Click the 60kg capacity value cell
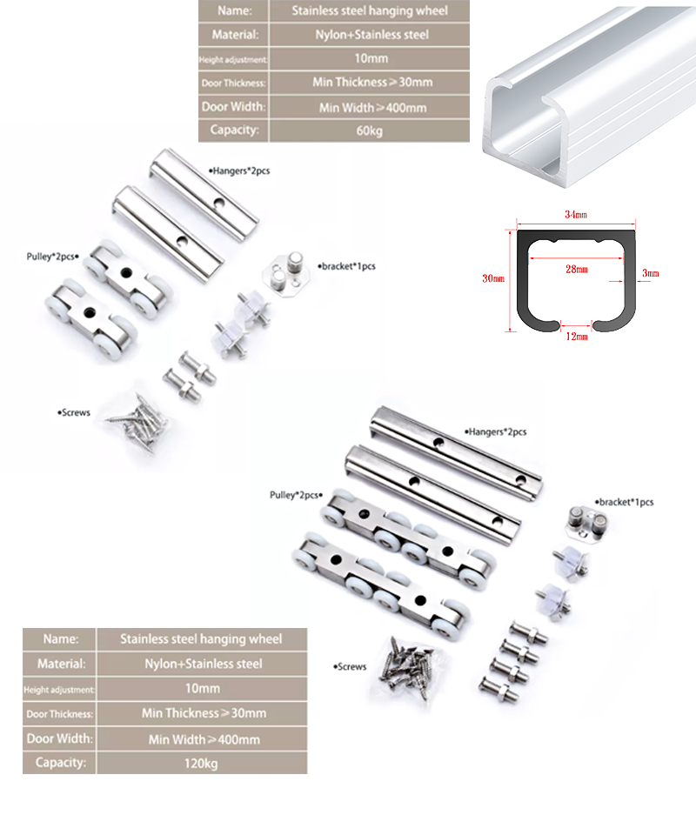point(370,130)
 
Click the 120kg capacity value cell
point(201,763)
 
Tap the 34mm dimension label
point(576,215)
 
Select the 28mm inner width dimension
point(576,269)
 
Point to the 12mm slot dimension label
point(577,336)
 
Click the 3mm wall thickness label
point(650,273)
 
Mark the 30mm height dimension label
point(493,278)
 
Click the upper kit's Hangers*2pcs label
point(239,171)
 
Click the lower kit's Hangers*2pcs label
point(495,432)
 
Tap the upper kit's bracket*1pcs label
point(346,266)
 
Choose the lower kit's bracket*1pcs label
point(624,502)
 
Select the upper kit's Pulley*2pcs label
point(53,257)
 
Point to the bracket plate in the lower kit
point(586,524)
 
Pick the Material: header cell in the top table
point(234,35)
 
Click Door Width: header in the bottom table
point(60,738)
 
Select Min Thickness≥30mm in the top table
point(372,83)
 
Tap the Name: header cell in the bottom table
point(60,639)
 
